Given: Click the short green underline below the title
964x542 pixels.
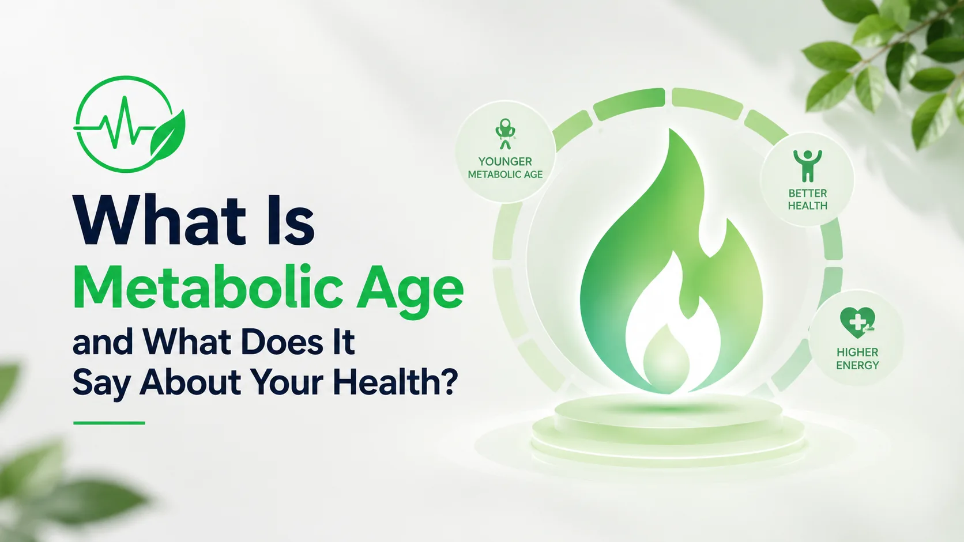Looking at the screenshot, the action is (x=109, y=423).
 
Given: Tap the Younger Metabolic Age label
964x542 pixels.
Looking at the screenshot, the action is (x=505, y=168).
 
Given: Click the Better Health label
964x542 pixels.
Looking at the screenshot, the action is (x=808, y=199).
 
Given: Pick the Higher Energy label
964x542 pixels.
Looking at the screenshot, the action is (x=857, y=359).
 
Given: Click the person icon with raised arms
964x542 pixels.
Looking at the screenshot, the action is (x=808, y=165).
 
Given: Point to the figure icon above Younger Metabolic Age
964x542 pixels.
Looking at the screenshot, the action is (x=505, y=134).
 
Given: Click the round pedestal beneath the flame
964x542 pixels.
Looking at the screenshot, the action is (x=668, y=428).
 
